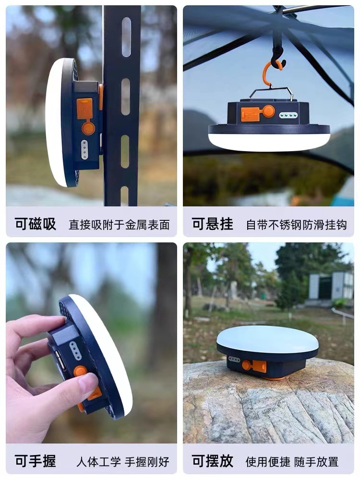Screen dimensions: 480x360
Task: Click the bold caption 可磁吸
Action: [36, 224]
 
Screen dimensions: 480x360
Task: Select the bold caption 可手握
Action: [36, 461]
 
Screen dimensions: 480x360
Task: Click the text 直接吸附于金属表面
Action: [119, 225]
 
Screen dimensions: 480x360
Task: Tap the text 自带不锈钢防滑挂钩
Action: [296, 225]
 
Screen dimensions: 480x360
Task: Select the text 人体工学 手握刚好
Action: [123, 462]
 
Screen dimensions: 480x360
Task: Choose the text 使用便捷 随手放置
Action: [292, 462]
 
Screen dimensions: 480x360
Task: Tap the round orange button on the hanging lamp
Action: [269, 111]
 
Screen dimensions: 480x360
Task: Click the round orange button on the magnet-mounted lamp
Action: [88, 128]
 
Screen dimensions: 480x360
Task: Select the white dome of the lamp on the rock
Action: [267, 339]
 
